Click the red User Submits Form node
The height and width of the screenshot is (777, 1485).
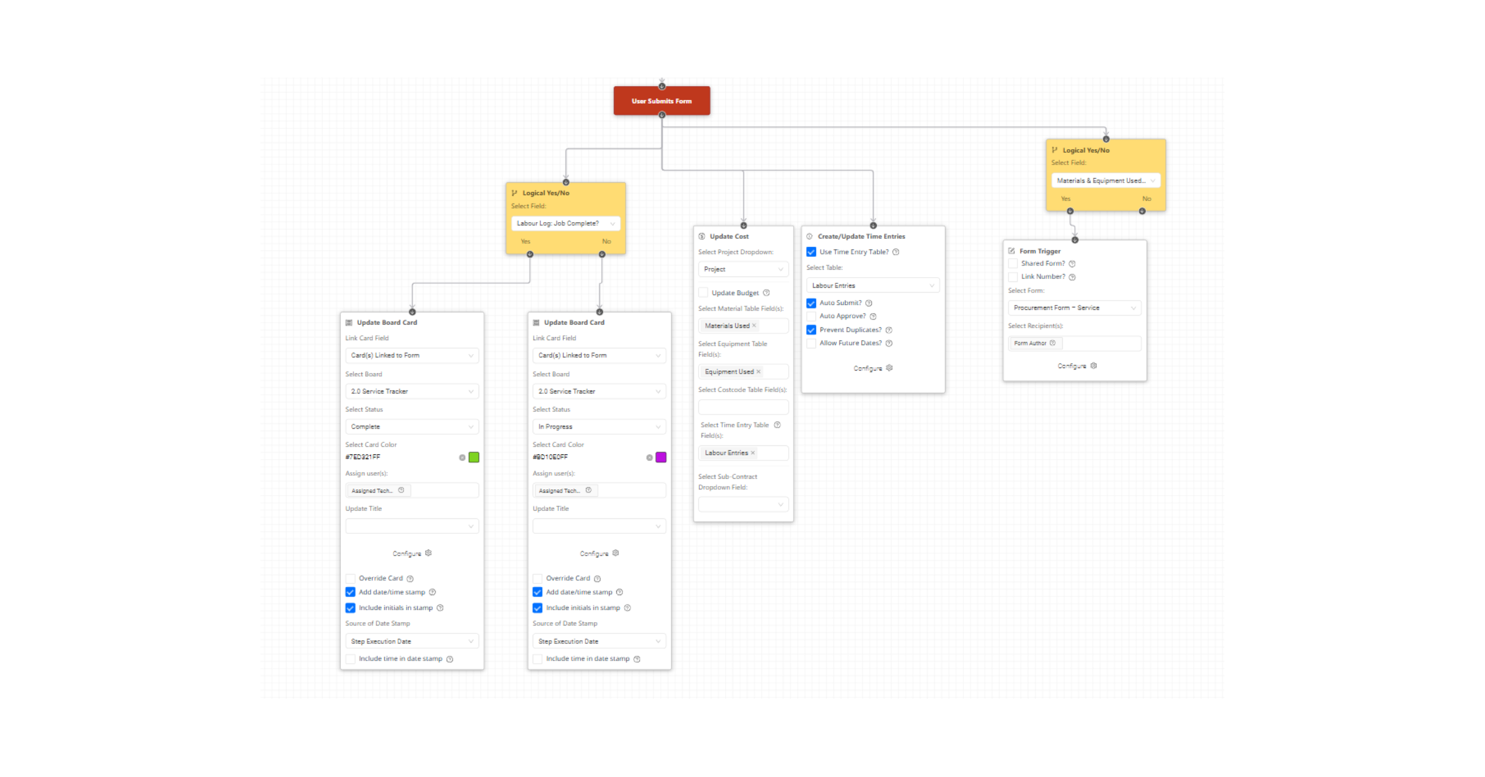pyautogui.click(x=661, y=101)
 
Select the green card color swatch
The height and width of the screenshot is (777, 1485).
pyautogui.click(x=474, y=457)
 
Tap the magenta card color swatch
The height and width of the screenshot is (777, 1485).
pyautogui.click(x=661, y=457)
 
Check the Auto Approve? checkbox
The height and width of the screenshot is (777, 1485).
pyautogui.click(x=811, y=316)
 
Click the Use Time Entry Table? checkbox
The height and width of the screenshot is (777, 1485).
pyautogui.click(x=811, y=252)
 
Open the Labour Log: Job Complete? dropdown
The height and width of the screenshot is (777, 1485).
pyautogui.click(x=566, y=223)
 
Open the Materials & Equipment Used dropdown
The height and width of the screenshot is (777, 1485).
pyautogui.click(x=1106, y=181)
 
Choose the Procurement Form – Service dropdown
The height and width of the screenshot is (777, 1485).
pyautogui.click(x=1075, y=307)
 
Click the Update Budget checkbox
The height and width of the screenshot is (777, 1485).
pyautogui.click(x=703, y=293)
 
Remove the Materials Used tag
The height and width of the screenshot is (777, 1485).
pyautogui.click(x=754, y=325)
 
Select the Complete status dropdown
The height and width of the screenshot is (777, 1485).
pyautogui.click(x=412, y=427)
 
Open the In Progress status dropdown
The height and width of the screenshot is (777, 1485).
pyautogui.click(x=599, y=427)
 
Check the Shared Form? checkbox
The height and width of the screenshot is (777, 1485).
pyautogui.click(x=1013, y=264)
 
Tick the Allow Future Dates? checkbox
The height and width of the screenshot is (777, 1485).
pyautogui.click(x=811, y=343)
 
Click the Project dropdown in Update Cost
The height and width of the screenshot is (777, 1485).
pyautogui.click(x=743, y=269)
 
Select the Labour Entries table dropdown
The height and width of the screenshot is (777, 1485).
pyautogui.click(x=873, y=285)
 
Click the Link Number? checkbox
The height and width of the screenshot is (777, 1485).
pyautogui.click(x=1013, y=277)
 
